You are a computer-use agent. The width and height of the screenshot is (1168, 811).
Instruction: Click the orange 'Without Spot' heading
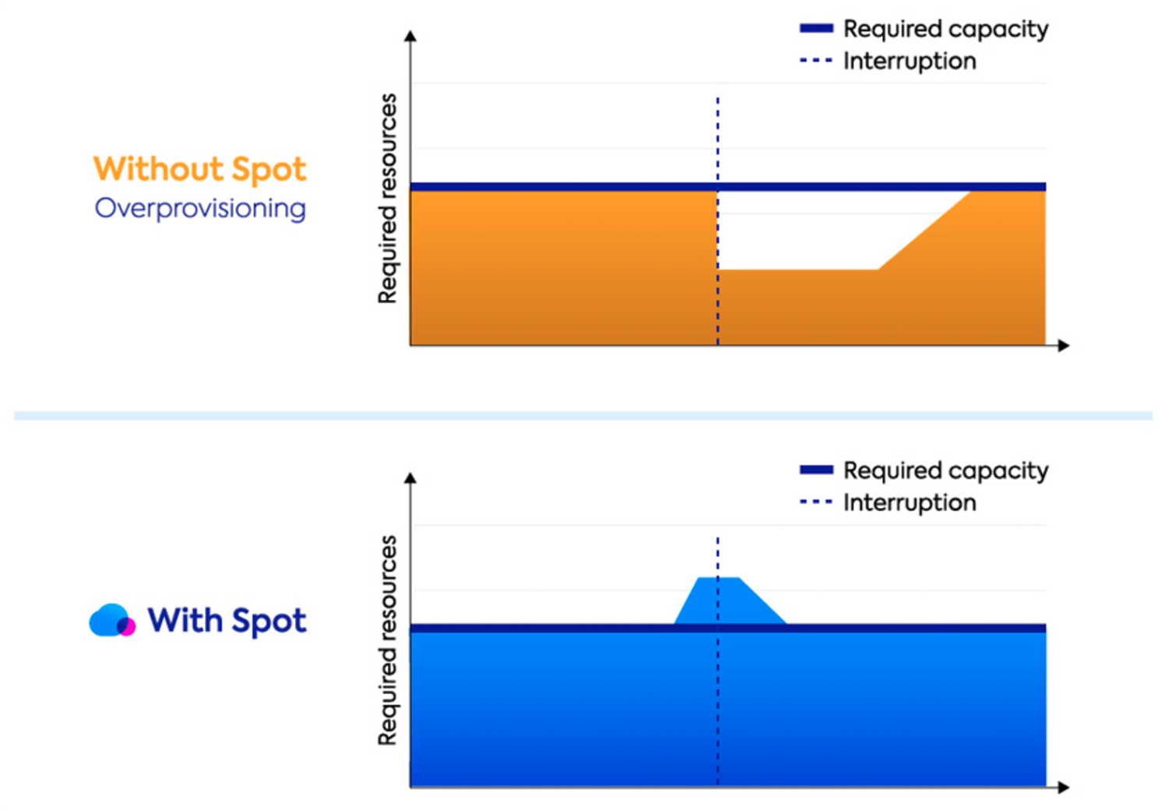(199, 169)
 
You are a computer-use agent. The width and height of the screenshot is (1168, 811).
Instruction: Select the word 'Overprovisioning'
(200, 209)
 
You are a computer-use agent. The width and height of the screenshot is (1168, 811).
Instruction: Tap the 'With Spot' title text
(227, 621)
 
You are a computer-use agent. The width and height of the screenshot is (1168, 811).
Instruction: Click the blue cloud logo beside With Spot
(107, 619)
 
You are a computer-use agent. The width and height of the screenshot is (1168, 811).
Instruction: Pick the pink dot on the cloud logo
(126, 626)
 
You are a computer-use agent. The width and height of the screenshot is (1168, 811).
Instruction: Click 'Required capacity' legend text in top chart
(945, 30)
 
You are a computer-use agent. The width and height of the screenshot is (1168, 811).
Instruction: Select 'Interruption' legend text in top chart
(909, 61)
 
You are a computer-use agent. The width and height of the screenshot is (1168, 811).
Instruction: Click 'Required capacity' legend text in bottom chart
(945, 471)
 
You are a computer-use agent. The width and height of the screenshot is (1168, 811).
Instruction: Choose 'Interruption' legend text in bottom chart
(909, 502)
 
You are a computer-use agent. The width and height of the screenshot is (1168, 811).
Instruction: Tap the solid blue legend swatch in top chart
(816, 29)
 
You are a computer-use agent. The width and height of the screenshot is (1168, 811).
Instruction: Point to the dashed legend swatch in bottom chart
(816, 502)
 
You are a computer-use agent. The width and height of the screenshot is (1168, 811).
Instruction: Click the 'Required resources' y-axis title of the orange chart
(387, 199)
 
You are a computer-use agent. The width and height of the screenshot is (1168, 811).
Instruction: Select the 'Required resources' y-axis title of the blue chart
(387, 640)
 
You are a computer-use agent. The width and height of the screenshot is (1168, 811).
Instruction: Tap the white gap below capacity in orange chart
(802, 230)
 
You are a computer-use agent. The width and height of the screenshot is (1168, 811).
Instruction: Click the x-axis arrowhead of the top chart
(1064, 345)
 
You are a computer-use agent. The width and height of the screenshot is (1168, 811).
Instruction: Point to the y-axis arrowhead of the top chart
(410, 36)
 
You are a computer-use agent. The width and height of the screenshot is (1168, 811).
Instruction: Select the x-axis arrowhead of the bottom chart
(1064, 787)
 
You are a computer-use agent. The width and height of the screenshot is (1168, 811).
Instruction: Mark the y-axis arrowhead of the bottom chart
(410, 478)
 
